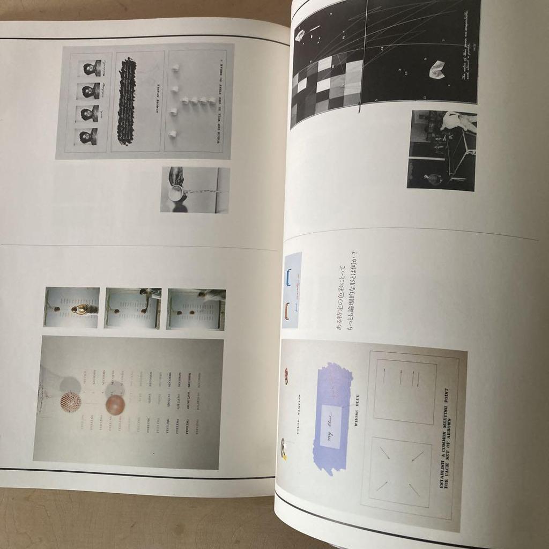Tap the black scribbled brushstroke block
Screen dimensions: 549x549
(x=127, y=101)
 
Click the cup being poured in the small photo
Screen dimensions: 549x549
(x=175, y=193)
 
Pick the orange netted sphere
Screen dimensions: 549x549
(x=70, y=401)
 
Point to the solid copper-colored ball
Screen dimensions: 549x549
(x=115, y=404)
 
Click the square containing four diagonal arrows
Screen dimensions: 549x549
(x=400, y=472)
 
